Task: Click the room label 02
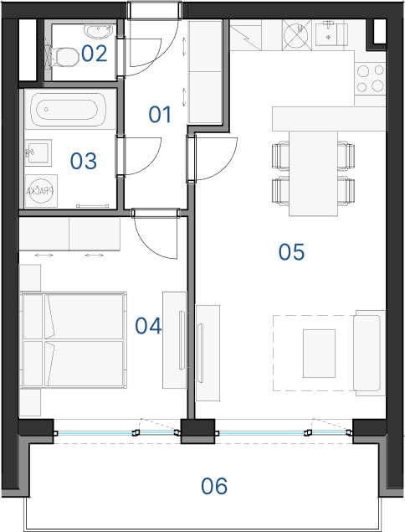click(95, 54)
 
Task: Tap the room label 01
click(160, 114)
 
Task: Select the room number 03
click(84, 161)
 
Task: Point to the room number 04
click(148, 326)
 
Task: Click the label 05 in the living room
click(291, 251)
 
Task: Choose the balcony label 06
click(214, 486)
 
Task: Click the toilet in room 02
click(64, 57)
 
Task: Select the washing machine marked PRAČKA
click(41, 191)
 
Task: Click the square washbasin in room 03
click(38, 152)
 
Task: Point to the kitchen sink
click(331, 34)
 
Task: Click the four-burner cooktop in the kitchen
click(370, 79)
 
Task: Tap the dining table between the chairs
click(313, 173)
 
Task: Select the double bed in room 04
click(74, 339)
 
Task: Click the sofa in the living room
click(369, 353)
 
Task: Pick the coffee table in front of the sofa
click(319, 354)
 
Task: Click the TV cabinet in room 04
click(175, 340)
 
